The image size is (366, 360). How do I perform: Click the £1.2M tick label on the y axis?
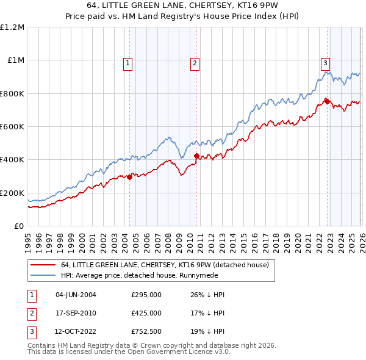[12, 27]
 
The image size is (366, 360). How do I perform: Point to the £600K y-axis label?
[12, 126]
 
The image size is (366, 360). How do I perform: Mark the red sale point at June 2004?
[129, 177]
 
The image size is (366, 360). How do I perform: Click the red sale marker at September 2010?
[196, 156]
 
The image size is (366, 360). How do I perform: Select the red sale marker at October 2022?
[327, 101]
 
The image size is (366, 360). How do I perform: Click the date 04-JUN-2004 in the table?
[76, 295]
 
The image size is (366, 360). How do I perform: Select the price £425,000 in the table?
[146, 313]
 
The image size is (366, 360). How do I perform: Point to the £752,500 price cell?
[146, 332]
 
